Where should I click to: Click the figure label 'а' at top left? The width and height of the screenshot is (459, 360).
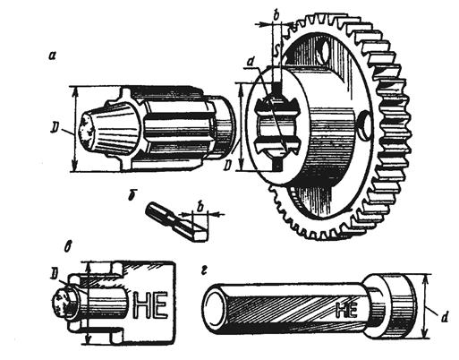pos(53,55)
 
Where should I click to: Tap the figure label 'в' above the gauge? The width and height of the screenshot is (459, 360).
pos(68,247)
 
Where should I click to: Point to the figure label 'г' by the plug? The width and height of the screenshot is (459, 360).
pos(204,270)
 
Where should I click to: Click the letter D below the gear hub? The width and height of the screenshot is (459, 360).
pos(229,165)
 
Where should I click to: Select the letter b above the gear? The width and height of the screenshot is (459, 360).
pos(276,16)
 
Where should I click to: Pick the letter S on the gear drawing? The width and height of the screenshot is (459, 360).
pos(277,51)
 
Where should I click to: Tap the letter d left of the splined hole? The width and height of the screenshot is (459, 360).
pos(251,63)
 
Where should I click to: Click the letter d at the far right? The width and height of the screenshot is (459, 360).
pos(445,318)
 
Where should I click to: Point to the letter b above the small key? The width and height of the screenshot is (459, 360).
pos(201,206)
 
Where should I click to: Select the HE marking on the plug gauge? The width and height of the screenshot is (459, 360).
pos(346,310)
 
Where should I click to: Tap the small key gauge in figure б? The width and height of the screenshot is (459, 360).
pos(176,221)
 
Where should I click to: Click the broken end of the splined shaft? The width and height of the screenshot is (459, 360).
pos(87,132)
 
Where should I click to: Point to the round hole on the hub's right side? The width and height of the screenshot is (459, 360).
pos(364,125)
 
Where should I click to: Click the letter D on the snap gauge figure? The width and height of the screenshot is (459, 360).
pos(55,272)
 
